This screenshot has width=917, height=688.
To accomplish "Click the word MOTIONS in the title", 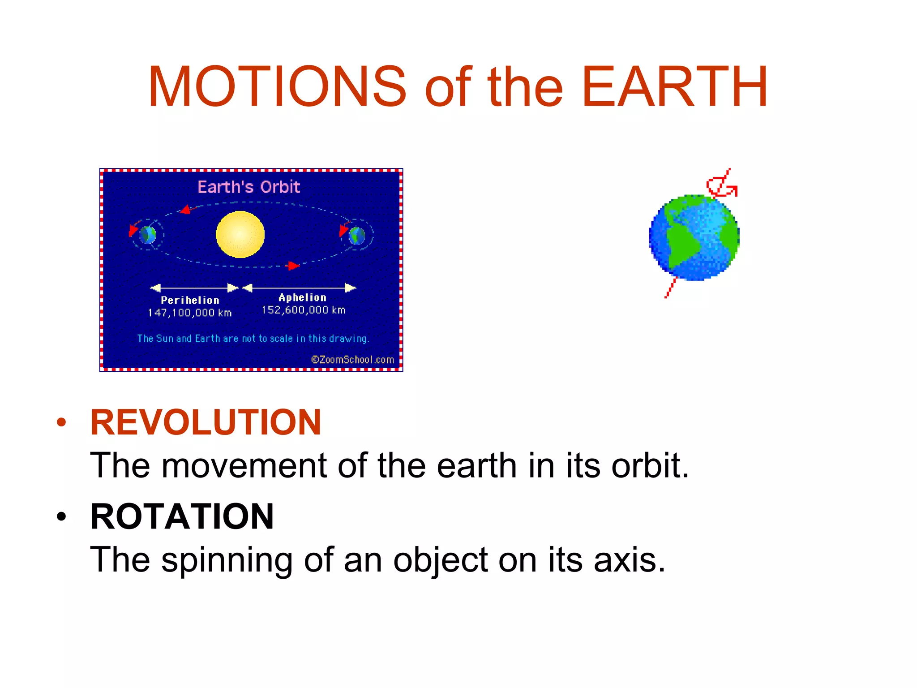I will [x=277, y=86].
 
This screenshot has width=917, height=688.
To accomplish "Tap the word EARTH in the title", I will [x=675, y=86].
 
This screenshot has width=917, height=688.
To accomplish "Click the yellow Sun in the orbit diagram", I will [x=240, y=234].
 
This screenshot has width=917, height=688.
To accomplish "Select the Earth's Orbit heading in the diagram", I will [x=249, y=187].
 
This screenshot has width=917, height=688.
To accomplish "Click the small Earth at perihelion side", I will [x=147, y=235].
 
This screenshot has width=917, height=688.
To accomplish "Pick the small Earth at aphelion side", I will [x=357, y=235].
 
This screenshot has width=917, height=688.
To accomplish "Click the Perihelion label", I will [x=190, y=300].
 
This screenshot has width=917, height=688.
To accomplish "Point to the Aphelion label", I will [x=302, y=297].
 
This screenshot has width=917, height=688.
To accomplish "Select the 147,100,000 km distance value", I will [x=190, y=313].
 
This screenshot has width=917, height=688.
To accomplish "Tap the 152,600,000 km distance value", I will [x=303, y=310].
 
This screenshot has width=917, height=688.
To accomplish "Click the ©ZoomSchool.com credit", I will [x=352, y=360].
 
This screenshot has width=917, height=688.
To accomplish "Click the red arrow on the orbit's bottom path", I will [x=292, y=266].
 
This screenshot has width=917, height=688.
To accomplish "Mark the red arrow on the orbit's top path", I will [x=186, y=209].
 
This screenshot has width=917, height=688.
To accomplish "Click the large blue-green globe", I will [x=694, y=237].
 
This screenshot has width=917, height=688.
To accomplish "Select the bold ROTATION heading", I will [x=182, y=516].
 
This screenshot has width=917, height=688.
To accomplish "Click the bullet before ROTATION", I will [x=61, y=516].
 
